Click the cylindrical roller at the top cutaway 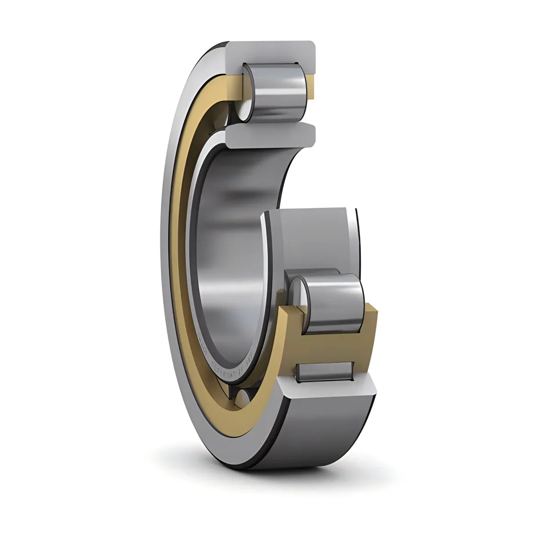pyautogui.click(x=276, y=92)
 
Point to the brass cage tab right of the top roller pyautogui.click(x=310, y=88)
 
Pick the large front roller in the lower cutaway pyautogui.click(x=334, y=302)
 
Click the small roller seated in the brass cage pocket pyautogui.click(x=325, y=371)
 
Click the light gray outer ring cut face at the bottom pyautogui.click(x=332, y=389)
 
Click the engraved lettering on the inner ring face pyautogui.click(x=221, y=364)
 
